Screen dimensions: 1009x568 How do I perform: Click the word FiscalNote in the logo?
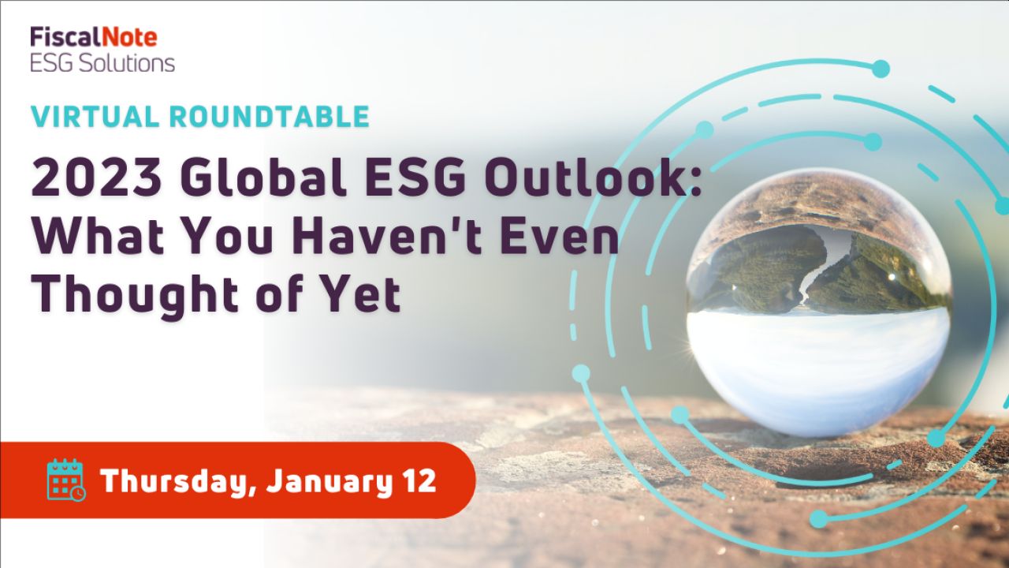(x=94, y=37)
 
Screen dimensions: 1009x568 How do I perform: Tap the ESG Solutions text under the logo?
(x=102, y=64)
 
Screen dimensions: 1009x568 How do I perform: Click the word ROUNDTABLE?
(x=270, y=116)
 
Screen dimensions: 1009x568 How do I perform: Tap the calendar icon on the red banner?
(x=66, y=480)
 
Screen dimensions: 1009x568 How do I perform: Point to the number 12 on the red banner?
(x=420, y=481)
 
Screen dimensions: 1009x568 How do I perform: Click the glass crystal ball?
(x=818, y=304)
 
